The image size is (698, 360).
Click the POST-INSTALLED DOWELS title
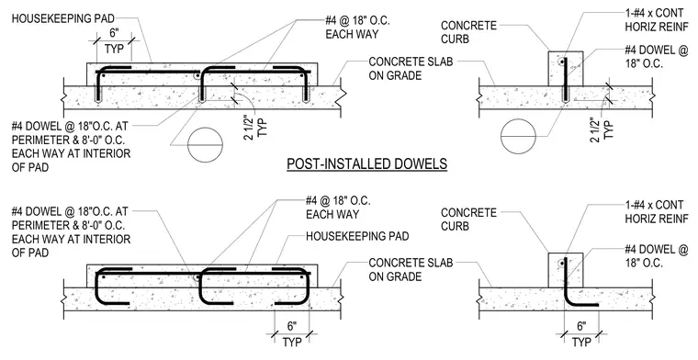(366, 163)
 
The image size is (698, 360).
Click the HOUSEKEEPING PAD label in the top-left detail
(62, 18)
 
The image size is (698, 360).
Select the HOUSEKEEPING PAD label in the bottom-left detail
(357, 236)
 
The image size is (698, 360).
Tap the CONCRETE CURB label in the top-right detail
(468, 32)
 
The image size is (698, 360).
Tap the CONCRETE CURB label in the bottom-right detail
(468, 219)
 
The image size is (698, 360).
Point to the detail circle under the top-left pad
(205, 145)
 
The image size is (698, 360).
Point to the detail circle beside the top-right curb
(519, 136)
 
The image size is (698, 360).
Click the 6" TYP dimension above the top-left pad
(114, 41)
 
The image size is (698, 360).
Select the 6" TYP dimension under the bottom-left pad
(291, 333)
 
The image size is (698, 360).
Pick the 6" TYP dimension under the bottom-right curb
(581, 333)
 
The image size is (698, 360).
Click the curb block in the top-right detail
(565, 68)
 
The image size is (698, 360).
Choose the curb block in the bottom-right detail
(565, 270)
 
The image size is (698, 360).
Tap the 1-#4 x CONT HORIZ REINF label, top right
(656, 19)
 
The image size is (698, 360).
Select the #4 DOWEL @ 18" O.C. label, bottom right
(656, 256)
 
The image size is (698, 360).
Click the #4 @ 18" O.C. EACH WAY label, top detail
(357, 28)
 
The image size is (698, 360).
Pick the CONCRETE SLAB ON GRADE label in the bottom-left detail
(411, 270)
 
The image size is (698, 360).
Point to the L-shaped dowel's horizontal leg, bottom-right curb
(583, 305)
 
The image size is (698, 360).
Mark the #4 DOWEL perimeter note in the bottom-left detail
(72, 231)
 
